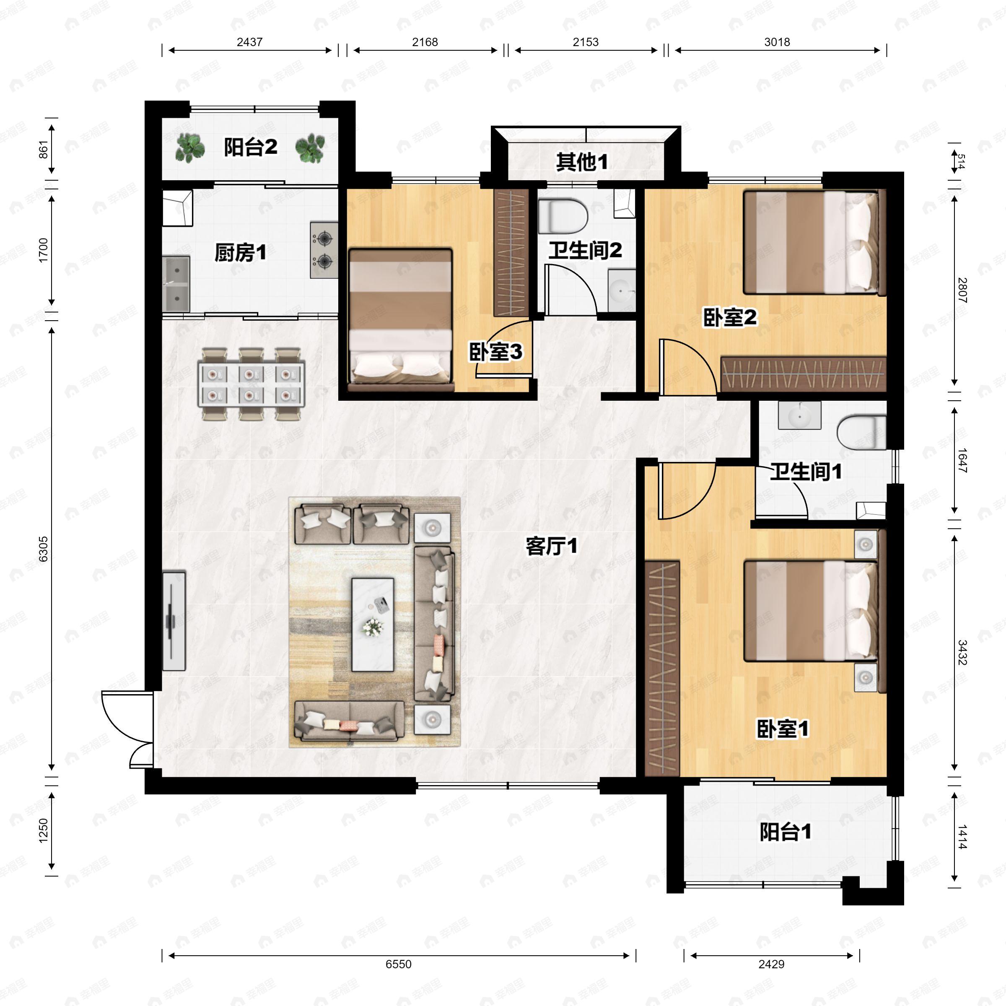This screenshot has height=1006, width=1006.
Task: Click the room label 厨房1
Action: (x=240, y=253)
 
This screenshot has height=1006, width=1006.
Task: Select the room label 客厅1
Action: (x=551, y=547)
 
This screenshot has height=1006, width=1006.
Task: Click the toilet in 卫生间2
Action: (x=563, y=217)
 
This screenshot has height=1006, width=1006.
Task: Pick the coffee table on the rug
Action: (x=372, y=624)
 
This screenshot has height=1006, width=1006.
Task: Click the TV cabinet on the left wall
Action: (x=174, y=621)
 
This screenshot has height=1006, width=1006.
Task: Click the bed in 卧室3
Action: (x=400, y=319)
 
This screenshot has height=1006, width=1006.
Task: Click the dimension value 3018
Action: (x=777, y=42)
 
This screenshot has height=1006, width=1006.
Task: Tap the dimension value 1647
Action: (x=961, y=460)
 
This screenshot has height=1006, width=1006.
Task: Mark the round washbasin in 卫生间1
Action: (x=799, y=415)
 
